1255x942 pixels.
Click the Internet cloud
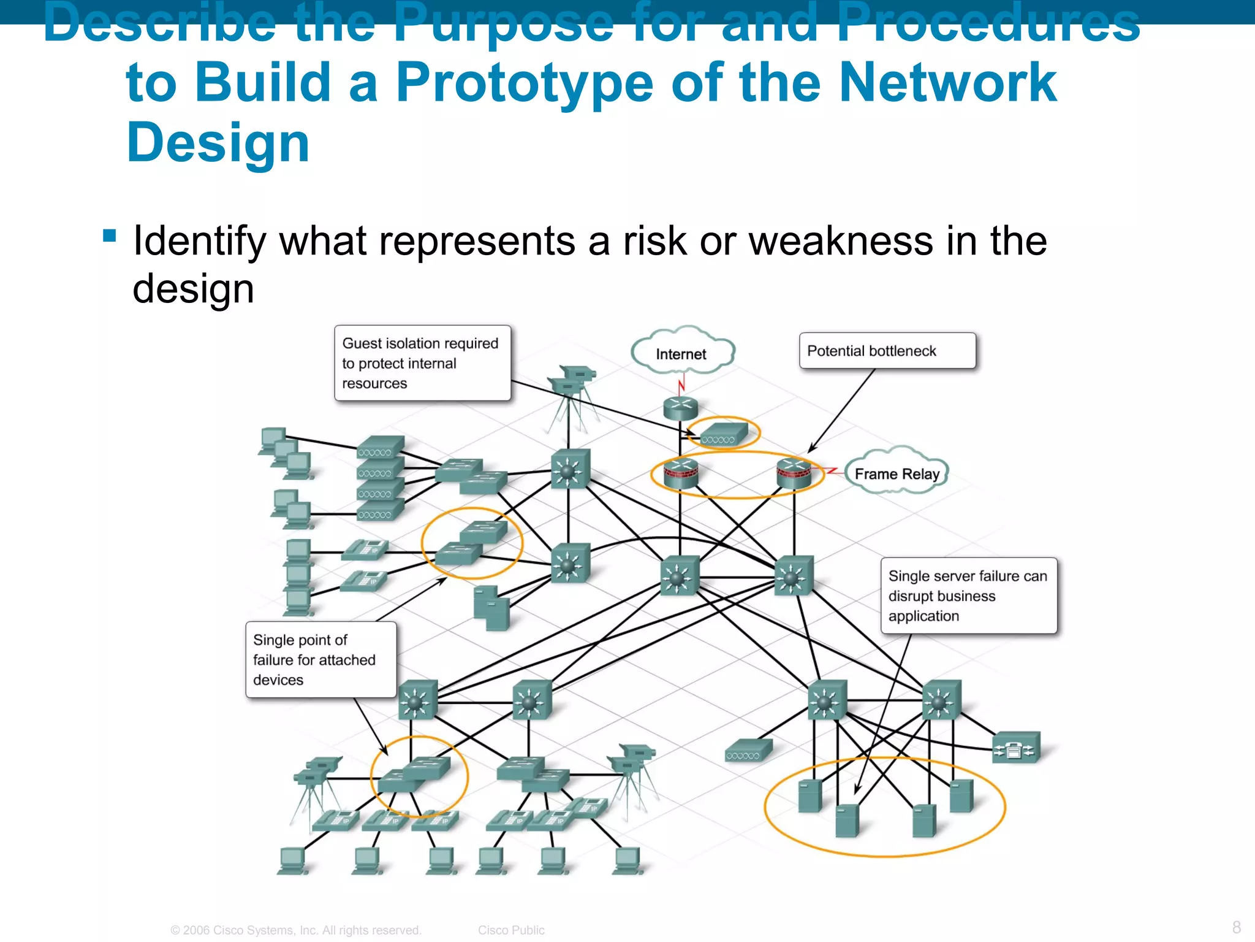click(x=681, y=353)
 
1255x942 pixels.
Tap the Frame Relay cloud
click(x=897, y=473)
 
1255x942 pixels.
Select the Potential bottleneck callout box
click(x=887, y=351)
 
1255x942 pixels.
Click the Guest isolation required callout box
click(x=422, y=363)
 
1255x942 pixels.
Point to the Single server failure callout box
click(x=968, y=595)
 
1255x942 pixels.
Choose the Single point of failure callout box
click(x=320, y=660)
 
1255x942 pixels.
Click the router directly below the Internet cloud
click(x=680, y=408)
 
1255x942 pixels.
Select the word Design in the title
click(x=218, y=142)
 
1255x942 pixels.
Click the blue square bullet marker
click(x=110, y=235)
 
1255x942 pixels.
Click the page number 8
click(x=1236, y=927)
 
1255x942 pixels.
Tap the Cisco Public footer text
click(x=511, y=930)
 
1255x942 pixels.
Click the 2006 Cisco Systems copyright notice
click(x=296, y=930)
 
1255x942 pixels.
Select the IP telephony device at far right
click(x=1015, y=748)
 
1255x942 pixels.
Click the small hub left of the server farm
click(x=748, y=751)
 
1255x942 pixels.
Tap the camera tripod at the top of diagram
click(x=571, y=399)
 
